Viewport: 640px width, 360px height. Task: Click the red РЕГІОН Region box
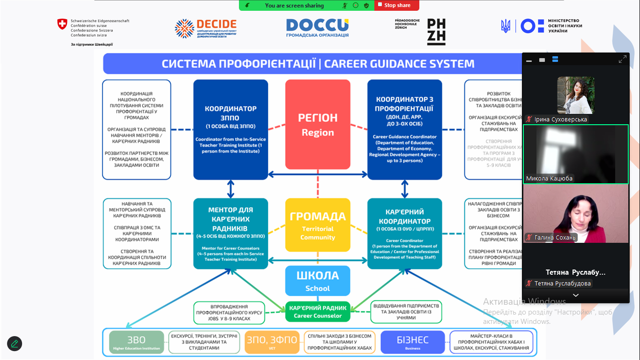[x=318, y=125]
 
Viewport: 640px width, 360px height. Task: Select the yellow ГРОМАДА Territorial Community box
[x=318, y=225]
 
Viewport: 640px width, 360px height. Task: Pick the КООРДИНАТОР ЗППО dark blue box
[x=231, y=129]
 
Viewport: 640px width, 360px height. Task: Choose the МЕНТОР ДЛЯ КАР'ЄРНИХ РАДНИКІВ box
[x=231, y=233]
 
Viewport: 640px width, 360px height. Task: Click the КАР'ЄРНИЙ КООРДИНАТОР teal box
[x=404, y=233]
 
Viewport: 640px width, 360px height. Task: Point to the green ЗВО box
[x=136, y=342]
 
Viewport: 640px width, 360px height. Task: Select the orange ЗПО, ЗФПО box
[x=272, y=342]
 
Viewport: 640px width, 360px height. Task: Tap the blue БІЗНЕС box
[x=412, y=342]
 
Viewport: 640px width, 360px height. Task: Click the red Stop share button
[x=397, y=5]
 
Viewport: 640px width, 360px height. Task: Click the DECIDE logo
[x=206, y=29]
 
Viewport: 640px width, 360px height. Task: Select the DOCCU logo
[x=317, y=28]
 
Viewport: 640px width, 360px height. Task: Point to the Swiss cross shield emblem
[x=62, y=25]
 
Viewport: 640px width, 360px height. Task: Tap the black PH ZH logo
[x=436, y=32]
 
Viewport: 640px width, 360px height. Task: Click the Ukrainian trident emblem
[x=506, y=26]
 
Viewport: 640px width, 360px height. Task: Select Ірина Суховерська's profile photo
[x=575, y=95]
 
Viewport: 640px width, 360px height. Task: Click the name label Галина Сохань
[x=555, y=238]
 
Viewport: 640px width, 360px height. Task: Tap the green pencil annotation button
[x=15, y=344]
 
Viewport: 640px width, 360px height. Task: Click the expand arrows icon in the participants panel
[x=622, y=60]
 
